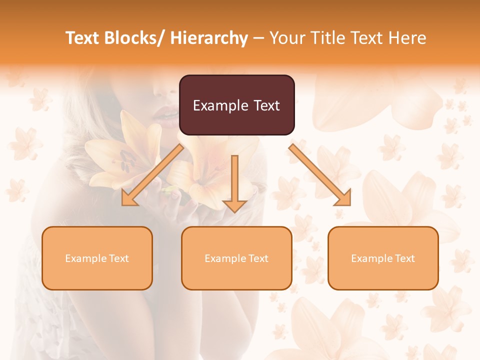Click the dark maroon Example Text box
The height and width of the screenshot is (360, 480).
click(x=236, y=105)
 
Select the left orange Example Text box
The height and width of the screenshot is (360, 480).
click(x=97, y=258)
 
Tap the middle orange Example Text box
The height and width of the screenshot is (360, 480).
click(x=236, y=258)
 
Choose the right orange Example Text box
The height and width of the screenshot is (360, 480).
click(x=383, y=258)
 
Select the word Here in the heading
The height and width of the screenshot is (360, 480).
click(x=408, y=38)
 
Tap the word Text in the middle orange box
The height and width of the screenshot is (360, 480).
click(x=257, y=258)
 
